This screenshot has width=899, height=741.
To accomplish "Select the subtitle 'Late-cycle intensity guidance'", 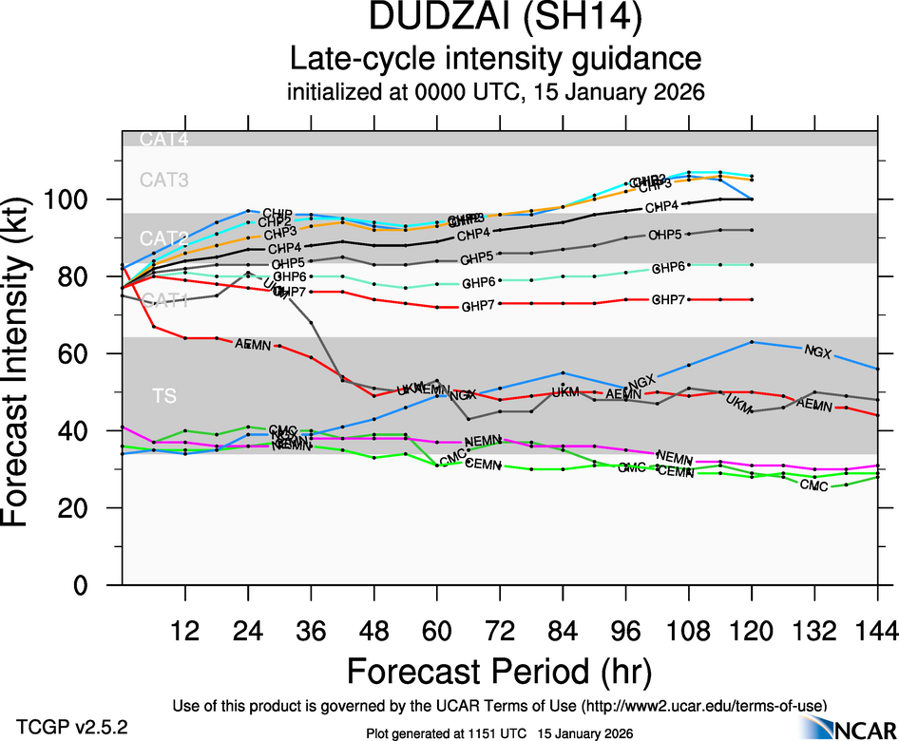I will [495, 60].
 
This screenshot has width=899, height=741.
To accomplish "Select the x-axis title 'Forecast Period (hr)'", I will [499, 672].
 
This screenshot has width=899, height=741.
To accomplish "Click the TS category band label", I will [165, 395].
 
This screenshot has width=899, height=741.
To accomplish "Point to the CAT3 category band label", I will [164, 179].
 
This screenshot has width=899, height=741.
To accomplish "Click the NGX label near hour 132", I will [817, 352].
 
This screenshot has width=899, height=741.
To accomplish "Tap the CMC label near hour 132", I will [813, 485].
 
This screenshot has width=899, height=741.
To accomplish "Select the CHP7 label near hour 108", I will [669, 300].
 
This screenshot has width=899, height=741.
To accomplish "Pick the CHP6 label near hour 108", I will [669, 268].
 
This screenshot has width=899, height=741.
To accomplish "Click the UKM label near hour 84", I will [564, 391].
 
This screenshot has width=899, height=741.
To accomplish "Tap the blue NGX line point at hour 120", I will [752, 341].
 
